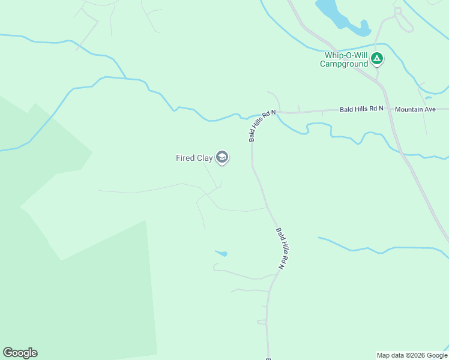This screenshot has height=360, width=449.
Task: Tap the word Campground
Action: tap(343, 64)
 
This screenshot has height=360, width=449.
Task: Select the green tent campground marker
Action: tap(377, 59)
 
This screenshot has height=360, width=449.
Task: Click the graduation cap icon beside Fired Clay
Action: tap(222, 158)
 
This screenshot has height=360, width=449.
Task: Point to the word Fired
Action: tap(185, 158)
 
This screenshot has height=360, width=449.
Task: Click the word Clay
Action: tap(205, 158)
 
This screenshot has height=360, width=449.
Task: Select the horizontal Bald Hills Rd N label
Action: tap(361, 109)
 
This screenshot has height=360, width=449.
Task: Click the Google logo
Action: tap(20, 353)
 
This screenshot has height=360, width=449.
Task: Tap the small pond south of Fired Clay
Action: tap(221, 253)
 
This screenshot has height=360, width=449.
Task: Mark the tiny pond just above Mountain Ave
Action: tap(427, 97)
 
